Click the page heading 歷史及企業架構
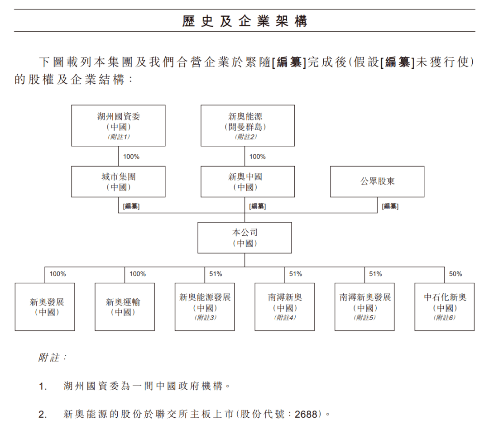(244, 21)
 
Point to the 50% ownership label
(455, 274)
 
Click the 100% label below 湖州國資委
(131, 157)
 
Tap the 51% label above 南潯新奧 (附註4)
(295, 274)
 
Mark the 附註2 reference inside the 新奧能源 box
(246, 137)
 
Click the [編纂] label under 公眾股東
(390, 206)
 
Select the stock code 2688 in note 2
(306, 414)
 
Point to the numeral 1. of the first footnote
(43, 387)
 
